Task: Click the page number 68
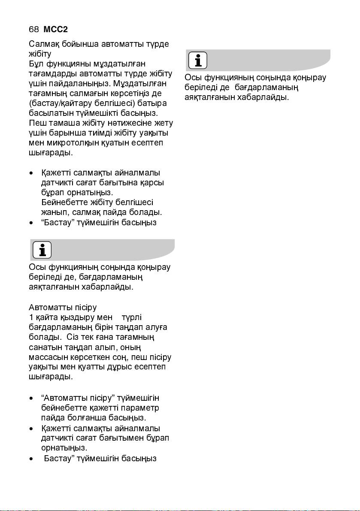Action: [x=33, y=30]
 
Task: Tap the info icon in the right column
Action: [x=197, y=60]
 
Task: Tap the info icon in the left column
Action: [x=42, y=250]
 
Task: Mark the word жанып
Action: [x=55, y=212]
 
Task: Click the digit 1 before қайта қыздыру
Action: [x=31, y=317]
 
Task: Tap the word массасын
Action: [x=47, y=357]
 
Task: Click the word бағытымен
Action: [x=127, y=438]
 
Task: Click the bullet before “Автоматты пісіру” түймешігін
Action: [x=31, y=398]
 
